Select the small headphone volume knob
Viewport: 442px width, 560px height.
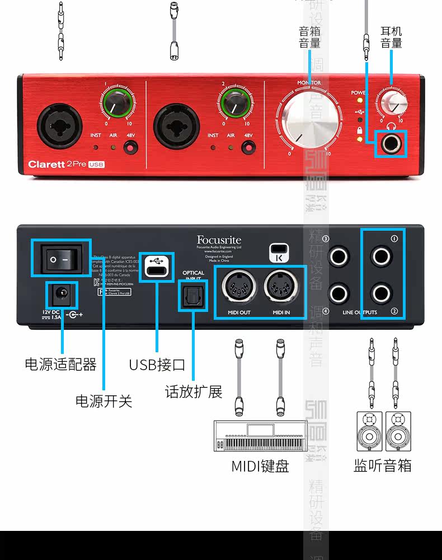click(x=393, y=102)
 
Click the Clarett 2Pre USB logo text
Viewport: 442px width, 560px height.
click(x=67, y=165)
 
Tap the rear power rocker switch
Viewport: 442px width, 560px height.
click(x=61, y=259)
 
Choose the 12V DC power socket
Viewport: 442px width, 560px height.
click(x=60, y=294)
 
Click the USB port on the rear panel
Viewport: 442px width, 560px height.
click(x=157, y=267)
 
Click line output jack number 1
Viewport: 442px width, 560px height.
click(x=382, y=256)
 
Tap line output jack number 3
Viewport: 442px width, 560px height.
click(x=339, y=256)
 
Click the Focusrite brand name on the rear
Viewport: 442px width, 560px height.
click(x=219, y=240)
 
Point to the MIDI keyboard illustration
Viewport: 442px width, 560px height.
click(x=261, y=436)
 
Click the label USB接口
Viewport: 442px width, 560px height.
click(x=157, y=365)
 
